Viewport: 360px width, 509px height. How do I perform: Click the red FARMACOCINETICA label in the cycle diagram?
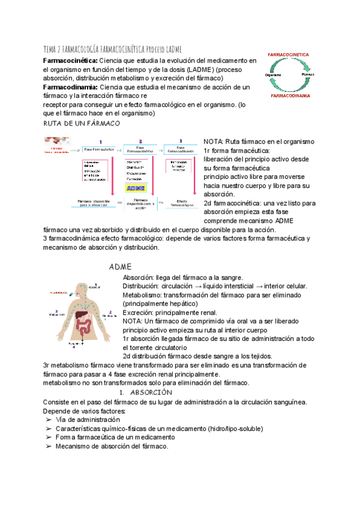click(x=297, y=55)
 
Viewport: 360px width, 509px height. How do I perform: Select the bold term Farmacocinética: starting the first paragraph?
click(x=70, y=61)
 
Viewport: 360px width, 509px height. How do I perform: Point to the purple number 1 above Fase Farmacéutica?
click(x=100, y=142)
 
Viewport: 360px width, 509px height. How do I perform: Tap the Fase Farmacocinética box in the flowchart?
click(x=140, y=149)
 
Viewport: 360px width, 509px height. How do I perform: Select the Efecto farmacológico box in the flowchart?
click(x=181, y=204)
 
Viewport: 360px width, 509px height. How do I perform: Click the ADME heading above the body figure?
click(x=121, y=266)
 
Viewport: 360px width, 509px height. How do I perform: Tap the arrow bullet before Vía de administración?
click(x=48, y=420)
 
